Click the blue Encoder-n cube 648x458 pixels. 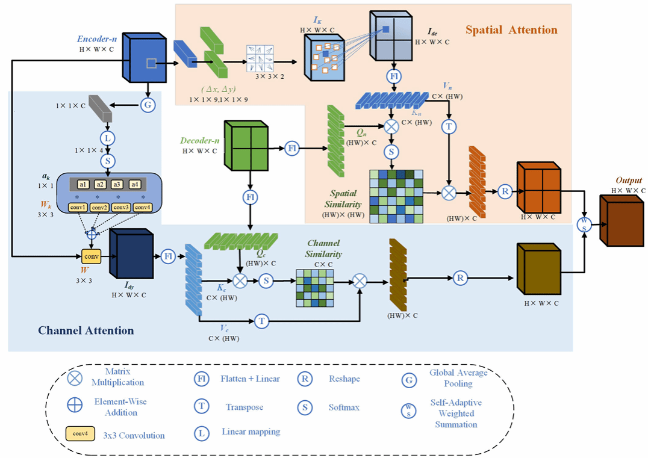145,60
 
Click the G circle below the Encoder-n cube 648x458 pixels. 148,105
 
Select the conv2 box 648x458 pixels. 101,208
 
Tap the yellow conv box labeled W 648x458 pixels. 91,257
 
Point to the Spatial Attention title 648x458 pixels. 511,29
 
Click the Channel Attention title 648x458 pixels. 86,330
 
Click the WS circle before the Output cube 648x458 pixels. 583,224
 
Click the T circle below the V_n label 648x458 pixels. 448,126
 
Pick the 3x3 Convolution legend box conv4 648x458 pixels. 80,434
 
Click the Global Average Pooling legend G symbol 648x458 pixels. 408,380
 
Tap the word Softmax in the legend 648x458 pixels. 344,407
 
